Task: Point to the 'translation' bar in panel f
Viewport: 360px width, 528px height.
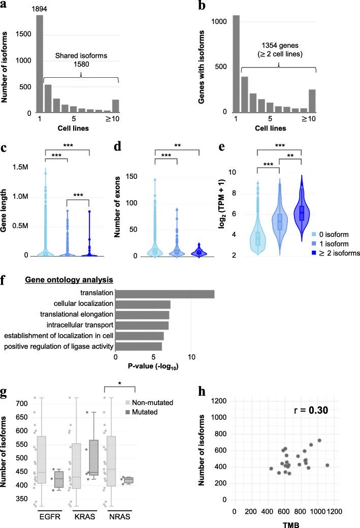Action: (165, 294)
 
